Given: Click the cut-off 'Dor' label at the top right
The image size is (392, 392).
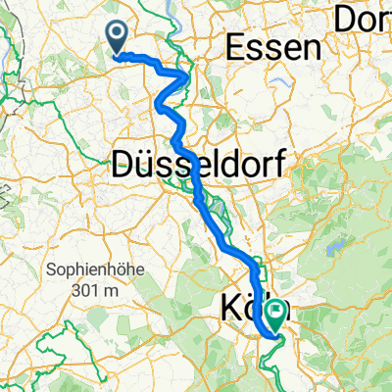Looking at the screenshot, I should click(x=363, y=17).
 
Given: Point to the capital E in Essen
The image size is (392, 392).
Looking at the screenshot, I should click(x=237, y=47).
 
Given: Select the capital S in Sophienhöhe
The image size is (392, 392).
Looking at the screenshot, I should click(x=51, y=269).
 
